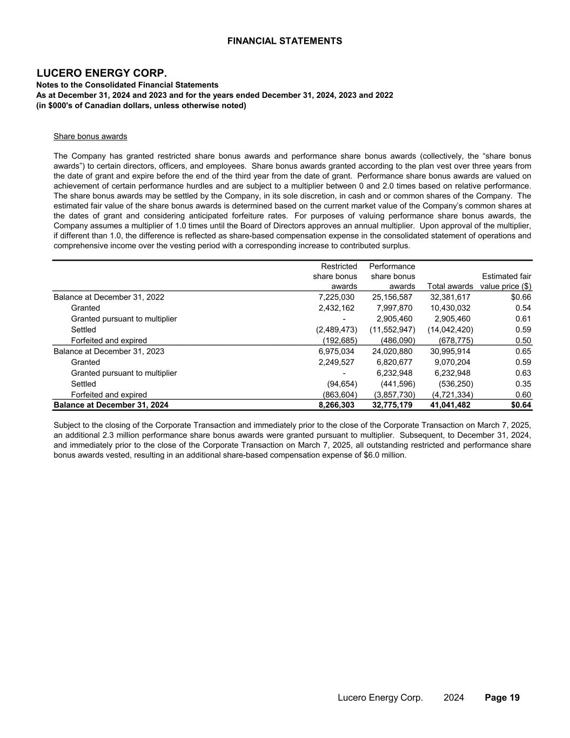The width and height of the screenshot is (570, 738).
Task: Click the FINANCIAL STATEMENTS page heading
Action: click(285, 41)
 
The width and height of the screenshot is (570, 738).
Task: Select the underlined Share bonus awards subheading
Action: click(90, 136)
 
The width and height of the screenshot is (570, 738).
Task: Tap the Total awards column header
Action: click(450, 286)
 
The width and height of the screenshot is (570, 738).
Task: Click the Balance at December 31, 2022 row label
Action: click(109, 297)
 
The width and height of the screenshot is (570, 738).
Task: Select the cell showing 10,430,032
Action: click(450, 308)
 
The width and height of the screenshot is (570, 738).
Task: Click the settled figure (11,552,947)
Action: click(392, 329)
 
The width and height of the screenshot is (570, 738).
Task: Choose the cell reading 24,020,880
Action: click(393, 351)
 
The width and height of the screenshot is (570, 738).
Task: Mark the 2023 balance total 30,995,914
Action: click(450, 351)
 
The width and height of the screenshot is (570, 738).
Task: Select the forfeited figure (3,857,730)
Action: click(394, 395)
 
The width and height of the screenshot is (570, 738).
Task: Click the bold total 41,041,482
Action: click(450, 405)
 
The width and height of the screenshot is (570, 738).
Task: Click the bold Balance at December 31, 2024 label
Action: click(111, 405)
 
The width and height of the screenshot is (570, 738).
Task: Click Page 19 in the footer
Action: click(502, 697)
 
